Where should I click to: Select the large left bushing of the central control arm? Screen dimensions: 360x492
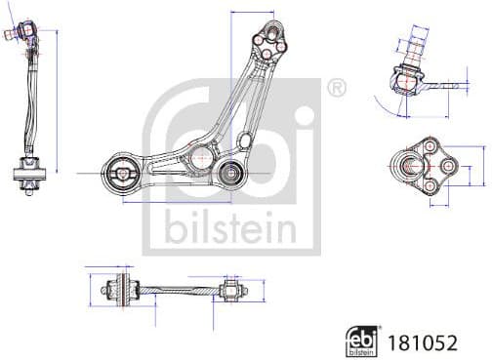125,176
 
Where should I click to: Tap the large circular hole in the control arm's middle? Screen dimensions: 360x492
201,154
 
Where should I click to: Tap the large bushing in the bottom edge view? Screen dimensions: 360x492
124,288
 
